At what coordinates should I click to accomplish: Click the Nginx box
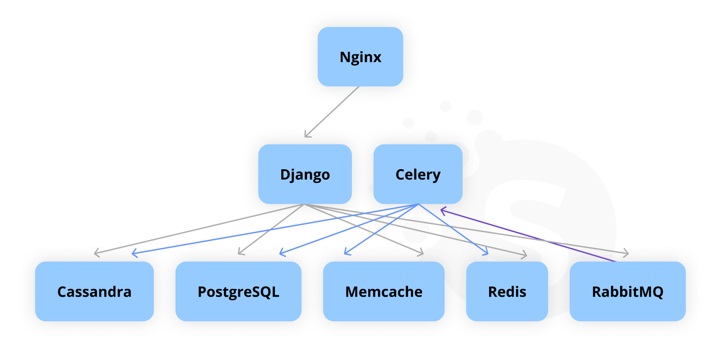360,57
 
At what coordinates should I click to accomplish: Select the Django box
305,174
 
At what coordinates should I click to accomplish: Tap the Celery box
418,174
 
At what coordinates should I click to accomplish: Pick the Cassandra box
94,292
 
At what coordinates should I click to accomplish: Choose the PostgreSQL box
238,292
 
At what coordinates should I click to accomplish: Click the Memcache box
383,292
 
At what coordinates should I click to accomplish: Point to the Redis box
507,292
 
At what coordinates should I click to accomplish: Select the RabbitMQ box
627,292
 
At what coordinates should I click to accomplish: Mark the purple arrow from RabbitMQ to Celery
531,236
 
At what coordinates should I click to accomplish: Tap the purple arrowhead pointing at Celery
442,210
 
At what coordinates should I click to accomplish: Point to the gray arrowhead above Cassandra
96,253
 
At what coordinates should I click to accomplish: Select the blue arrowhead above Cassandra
134,254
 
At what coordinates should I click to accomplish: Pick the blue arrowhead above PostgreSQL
282,253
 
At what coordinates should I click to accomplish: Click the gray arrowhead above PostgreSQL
240,252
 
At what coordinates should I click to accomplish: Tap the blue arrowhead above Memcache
346,252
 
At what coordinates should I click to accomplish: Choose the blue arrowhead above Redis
486,253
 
